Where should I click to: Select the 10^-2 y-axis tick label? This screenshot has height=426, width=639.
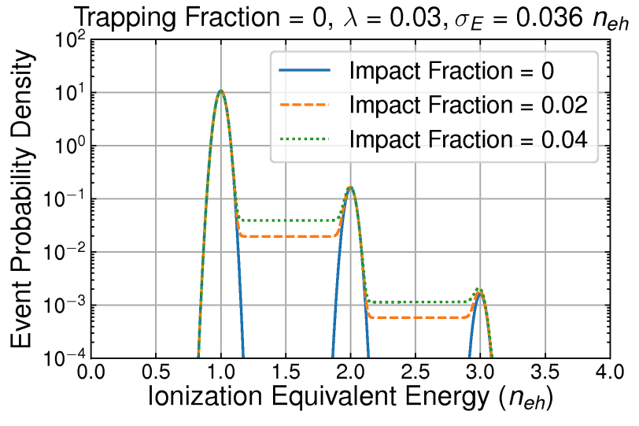click(x=61, y=253)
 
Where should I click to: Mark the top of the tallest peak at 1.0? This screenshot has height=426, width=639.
click(x=221, y=91)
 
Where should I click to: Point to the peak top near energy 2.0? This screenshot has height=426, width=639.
click(x=350, y=187)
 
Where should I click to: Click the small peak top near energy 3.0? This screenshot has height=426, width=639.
click(x=479, y=291)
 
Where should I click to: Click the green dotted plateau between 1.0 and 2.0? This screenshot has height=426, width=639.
click(x=286, y=220)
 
